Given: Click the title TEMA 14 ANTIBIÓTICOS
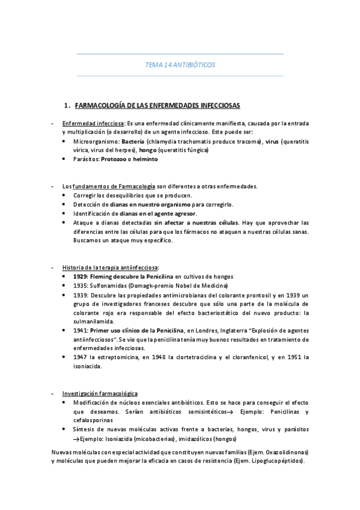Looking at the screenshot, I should tap(180, 64).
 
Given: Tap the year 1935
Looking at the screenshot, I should tap(81, 285).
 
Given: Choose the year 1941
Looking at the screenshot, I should tap(81, 330).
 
